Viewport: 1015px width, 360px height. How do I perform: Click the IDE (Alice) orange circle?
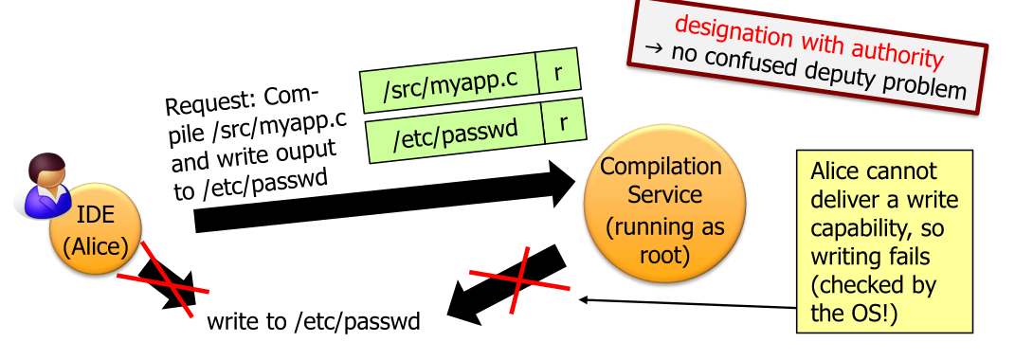point(97,231)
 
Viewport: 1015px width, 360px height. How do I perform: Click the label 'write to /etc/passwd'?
point(314,320)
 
